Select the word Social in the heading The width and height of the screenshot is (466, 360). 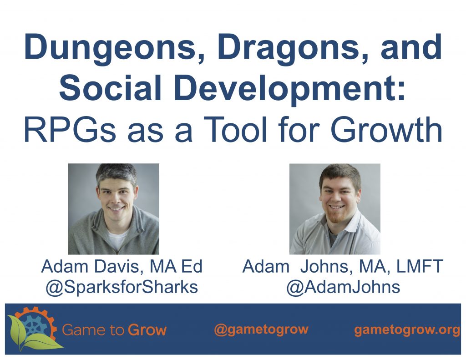(110, 88)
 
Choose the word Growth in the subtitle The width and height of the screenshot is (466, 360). (386, 129)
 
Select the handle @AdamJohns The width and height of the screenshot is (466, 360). (343, 287)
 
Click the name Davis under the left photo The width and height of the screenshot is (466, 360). (119, 267)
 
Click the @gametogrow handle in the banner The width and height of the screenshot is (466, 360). (261, 330)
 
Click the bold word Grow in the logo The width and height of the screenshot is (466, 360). (147, 330)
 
